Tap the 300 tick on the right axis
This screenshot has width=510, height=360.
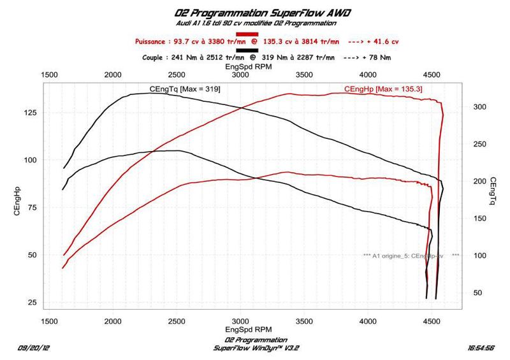(479, 108)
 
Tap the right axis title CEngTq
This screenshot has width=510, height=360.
(493, 192)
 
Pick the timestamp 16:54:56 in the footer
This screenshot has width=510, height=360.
(482, 349)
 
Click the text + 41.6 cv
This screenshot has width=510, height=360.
(384, 41)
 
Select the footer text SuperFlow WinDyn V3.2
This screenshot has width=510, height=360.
(250, 348)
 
